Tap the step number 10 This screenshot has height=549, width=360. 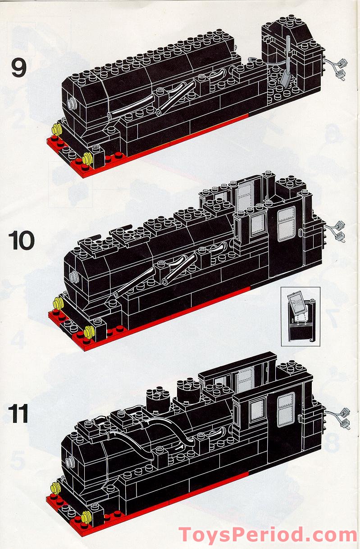(22, 241)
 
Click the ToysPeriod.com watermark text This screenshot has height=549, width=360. (268, 535)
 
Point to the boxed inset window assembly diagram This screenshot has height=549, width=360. (301, 316)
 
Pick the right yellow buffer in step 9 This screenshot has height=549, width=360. (87, 158)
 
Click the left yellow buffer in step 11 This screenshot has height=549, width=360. (56, 487)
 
